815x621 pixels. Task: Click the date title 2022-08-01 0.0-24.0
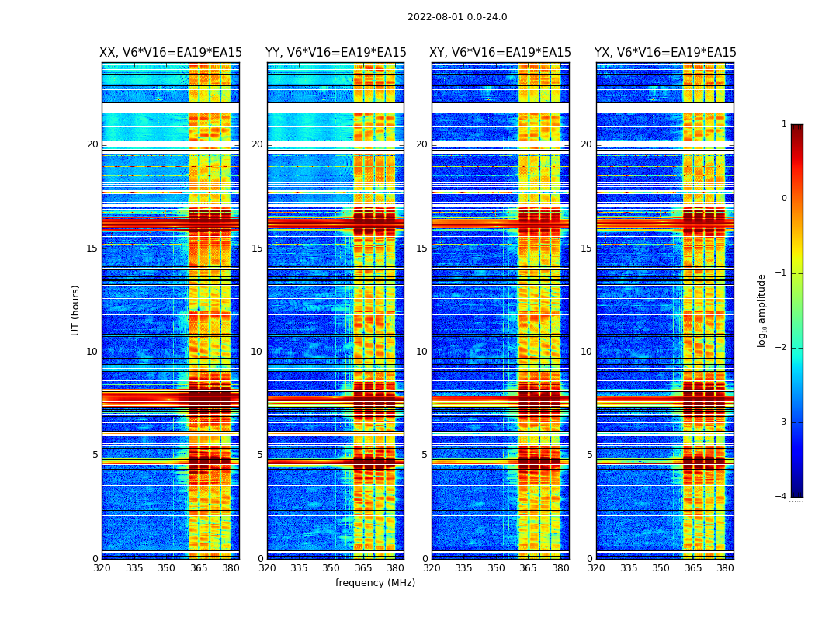tap(457, 17)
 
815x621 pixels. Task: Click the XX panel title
tap(171, 53)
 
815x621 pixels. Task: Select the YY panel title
tap(335, 53)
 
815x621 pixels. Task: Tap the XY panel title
tap(500, 53)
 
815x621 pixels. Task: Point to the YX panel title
tap(665, 53)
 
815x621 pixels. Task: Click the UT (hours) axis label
tap(76, 310)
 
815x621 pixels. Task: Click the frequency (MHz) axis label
tap(375, 583)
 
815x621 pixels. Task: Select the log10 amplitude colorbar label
tap(762, 310)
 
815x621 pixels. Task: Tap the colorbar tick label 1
tap(784, 124)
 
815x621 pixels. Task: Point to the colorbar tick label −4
tap(782, 497)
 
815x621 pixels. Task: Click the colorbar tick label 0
tap(784, 199)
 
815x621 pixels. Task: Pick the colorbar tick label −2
tap(782, 348)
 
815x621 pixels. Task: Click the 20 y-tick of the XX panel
tap(92, 144)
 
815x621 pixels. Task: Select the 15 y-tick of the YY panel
tap(257, 248)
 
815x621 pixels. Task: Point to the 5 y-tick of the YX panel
tap(589, 455)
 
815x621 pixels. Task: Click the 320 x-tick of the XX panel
tap(102, 568)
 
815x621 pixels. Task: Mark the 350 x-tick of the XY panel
tap(496, 568)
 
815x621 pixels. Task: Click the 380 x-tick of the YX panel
tap(725, 568)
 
